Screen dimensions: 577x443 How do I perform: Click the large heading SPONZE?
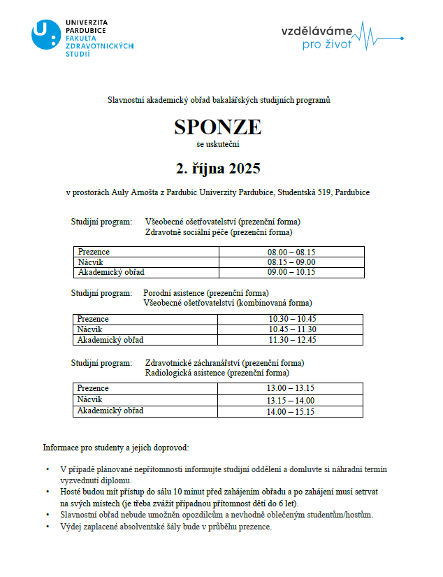click(x=217, y=127)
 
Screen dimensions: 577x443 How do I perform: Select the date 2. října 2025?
click(x=217, y=169)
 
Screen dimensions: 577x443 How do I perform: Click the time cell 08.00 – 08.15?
click(x=291, y=252)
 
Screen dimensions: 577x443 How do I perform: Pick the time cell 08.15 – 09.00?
click(x=291, y=262)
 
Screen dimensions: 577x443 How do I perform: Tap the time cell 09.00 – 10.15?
click(x=291, y=272)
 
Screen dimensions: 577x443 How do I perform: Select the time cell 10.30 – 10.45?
click(x=292, y=319)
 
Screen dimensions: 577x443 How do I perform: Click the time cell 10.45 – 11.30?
click(x=292, y=329)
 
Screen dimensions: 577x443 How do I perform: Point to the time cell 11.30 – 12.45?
click(x=292, y=340)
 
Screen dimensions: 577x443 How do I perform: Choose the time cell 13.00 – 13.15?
click(x=291, y=388)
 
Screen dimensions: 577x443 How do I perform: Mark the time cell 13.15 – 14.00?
click(x=291, y=401)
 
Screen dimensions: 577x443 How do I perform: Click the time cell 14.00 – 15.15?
click(x=291, y=412)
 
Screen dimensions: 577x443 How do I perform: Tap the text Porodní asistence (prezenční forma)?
click(x=205, y=292)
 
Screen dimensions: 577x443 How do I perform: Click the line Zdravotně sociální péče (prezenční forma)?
click(x=218, y=232)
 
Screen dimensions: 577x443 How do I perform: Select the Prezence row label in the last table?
click(x=93, y=388)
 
